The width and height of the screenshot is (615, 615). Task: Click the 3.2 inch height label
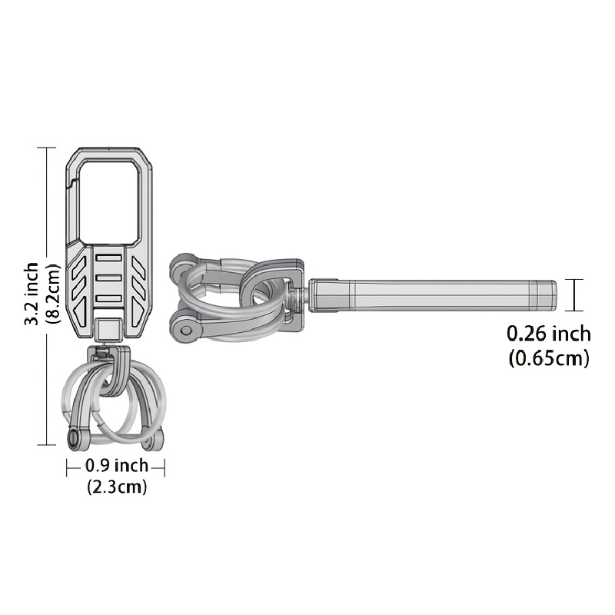pyautogui.click(x=32, y=294)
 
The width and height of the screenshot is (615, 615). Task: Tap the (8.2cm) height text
pyautogui.click(x=54, y=294)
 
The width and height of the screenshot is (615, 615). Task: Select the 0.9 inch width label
pyautogui.click(x=117, y=466)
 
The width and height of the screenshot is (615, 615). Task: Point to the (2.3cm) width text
pyautogui.click(x=117, y=487)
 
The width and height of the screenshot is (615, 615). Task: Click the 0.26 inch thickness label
pyautogui.click(x=549, y=334)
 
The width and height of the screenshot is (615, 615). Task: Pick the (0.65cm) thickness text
pyautogui.click(x=549, y=357)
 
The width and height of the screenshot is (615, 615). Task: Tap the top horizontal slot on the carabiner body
pyautogui.click(x=109, y=258)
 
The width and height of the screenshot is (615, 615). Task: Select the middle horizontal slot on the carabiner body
pyautogui.click(x=109, y=278)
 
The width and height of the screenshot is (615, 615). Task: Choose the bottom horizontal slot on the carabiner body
pyautogui.click(x=109, y=298)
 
